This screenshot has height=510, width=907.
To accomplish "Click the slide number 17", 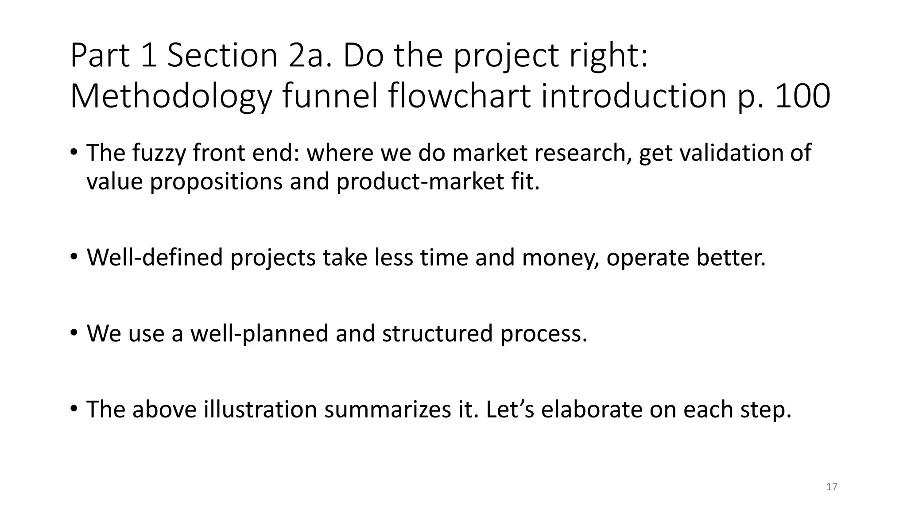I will pyautogui.click(x=832, y=487).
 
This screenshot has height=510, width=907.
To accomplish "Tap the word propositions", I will pyautogui.click(x=216, y=182).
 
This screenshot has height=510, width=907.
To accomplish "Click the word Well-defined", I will pyautogui.click(x=155, y=258).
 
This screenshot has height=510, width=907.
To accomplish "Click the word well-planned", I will pyautogui.click(x=259, y=333).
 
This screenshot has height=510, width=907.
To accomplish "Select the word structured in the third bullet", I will pyautogui.click(x=437, y=333).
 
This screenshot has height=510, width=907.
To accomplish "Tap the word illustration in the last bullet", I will pyautogui.click(x=260, y=409).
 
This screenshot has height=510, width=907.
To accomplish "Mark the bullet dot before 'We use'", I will pyautogui.click(x=74, y=332).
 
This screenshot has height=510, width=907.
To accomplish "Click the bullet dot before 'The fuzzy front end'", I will pyautogui.click(x=74, y=152).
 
